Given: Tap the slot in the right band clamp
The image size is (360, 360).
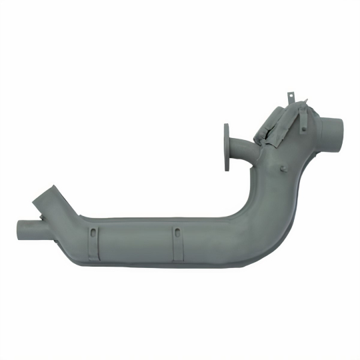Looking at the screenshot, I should click(x=177, y=232).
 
